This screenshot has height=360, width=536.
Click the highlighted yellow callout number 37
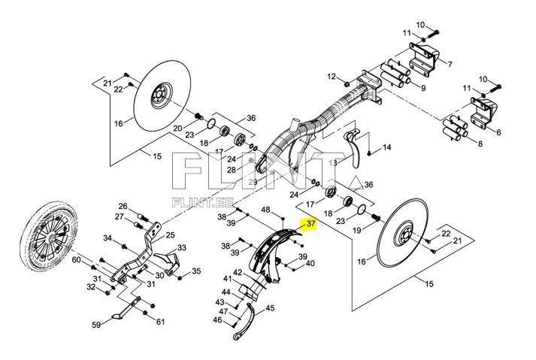[x=310, y=224]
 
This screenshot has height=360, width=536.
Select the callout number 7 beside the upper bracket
[x=450, y=64]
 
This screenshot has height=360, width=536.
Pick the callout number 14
[x=387, y=147]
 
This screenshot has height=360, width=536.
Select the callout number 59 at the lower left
[x=95, y=325]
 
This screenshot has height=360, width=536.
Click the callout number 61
[x=160, y=322]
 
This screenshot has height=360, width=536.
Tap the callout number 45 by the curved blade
[x=271, y=307]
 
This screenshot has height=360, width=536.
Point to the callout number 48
[x=265, y=209]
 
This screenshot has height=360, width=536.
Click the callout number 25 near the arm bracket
[x=170, y=235]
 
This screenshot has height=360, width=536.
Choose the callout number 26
[x=123, y=207]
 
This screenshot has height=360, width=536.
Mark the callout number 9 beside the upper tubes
[x=422, y=88]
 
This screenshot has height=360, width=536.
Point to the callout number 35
[x=197, y=271]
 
